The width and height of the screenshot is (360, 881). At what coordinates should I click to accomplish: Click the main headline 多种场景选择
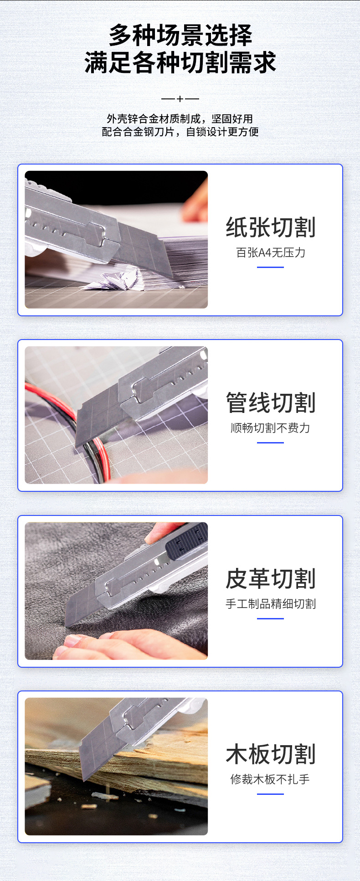[180, 35]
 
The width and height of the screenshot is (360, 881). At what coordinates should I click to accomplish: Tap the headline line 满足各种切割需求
[180, 62]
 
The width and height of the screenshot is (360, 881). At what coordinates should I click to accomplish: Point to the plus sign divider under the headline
[180, 98]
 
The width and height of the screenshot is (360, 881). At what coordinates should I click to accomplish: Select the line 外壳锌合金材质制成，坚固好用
[180, 119]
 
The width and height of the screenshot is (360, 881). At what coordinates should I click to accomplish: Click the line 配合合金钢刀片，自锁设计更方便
[180, 132]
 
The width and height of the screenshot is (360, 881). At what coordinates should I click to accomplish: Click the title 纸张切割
[271, 227]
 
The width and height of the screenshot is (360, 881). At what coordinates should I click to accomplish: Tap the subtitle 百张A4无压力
[271, 252]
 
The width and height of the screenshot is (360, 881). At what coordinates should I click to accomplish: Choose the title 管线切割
[271, 403]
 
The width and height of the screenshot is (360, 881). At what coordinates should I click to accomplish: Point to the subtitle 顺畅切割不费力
[271, 428]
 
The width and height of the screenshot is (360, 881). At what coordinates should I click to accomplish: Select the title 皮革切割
[271, 579]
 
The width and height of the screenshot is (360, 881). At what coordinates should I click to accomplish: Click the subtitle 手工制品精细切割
[271, 604]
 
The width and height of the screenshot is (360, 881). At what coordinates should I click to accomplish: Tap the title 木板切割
[271, 754]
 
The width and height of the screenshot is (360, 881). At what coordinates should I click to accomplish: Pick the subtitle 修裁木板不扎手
[271, 779]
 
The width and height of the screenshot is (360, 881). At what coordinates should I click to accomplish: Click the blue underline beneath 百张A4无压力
[270, 267]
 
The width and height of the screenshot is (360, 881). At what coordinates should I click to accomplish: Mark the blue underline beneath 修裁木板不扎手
[270, 794]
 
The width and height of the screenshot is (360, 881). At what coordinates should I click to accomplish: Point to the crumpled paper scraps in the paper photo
[114, 279]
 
